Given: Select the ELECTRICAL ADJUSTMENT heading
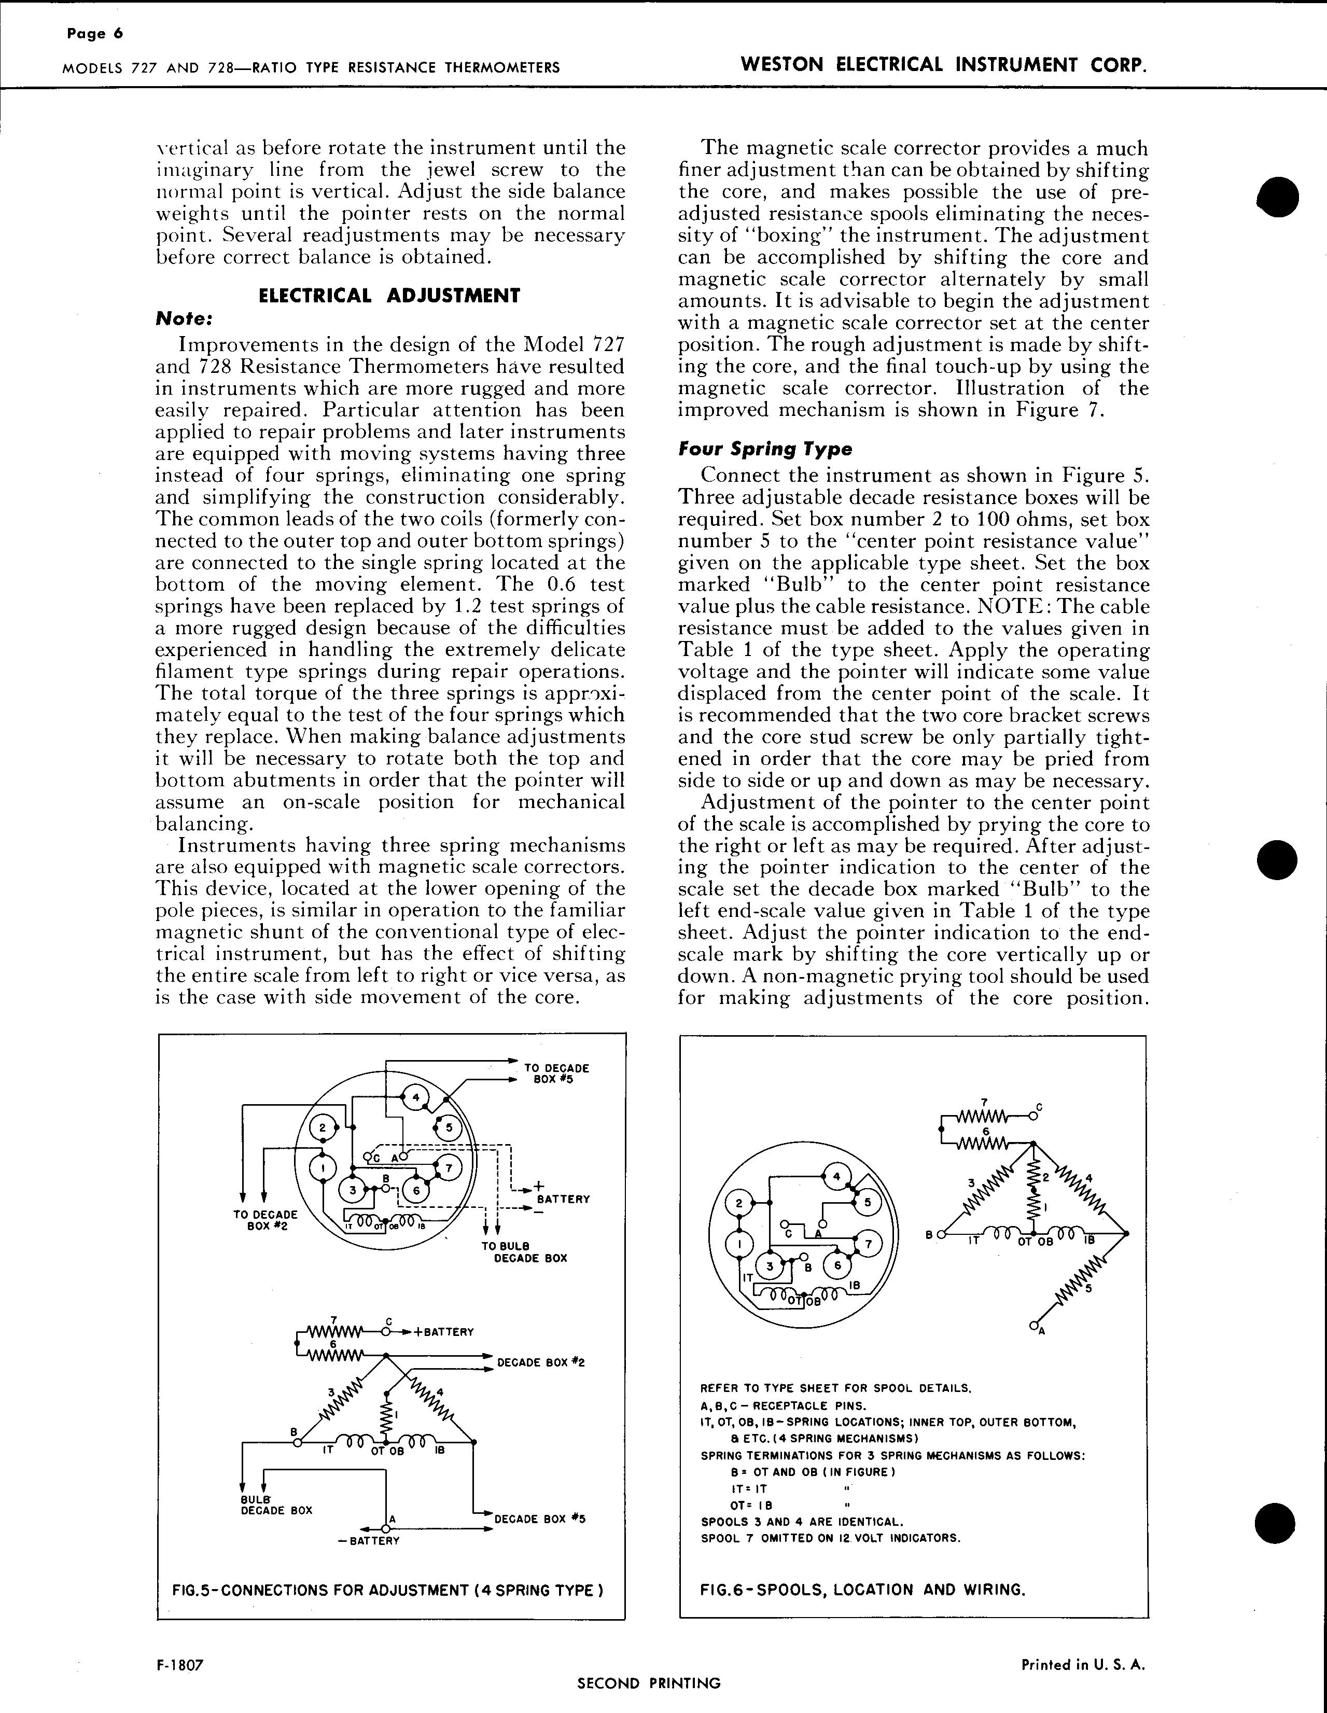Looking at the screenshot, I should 389,296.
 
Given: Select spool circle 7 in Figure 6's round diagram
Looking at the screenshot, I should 868,1243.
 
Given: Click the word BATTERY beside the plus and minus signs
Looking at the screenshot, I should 563,1199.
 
